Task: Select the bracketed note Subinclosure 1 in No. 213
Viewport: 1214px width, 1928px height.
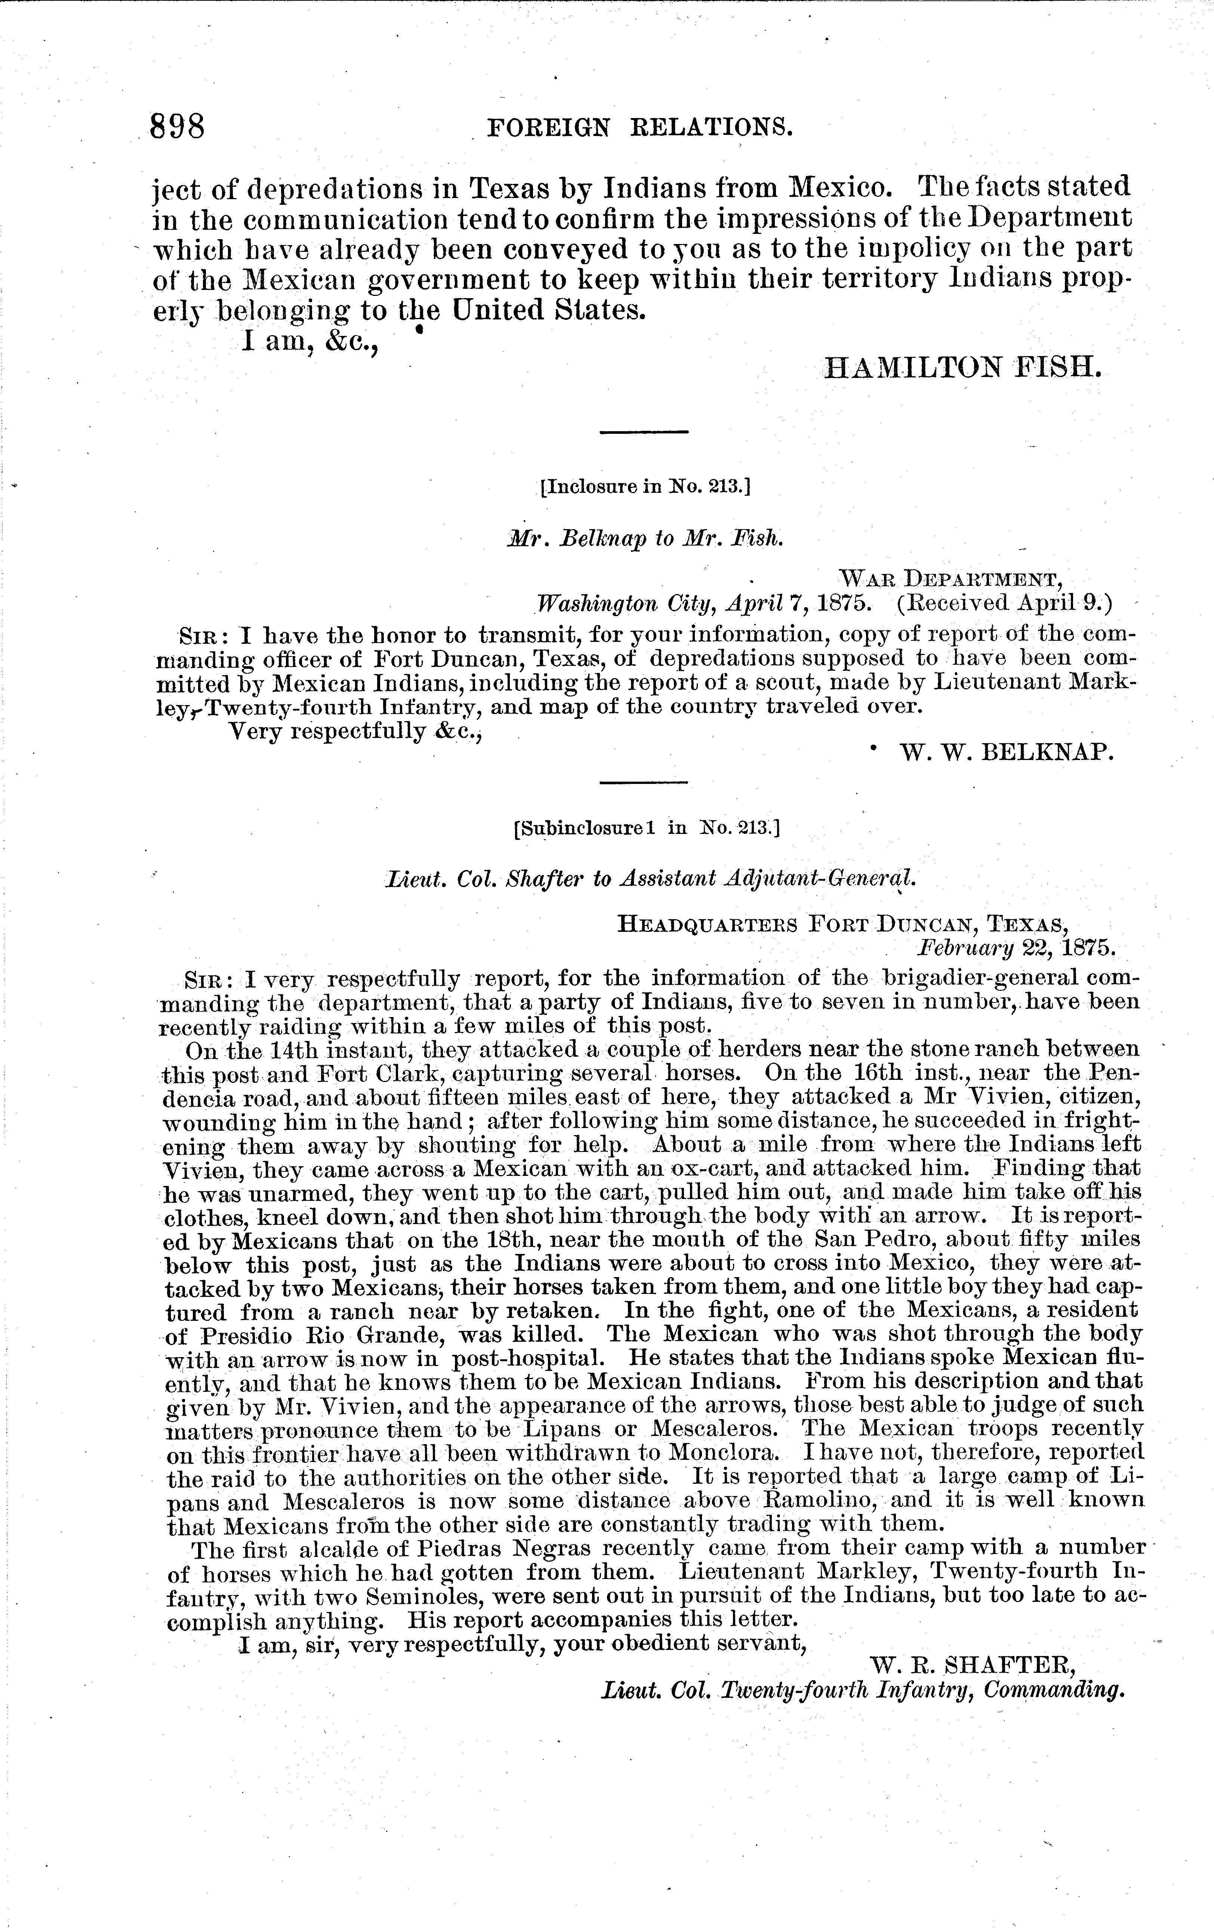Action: coord(645,827)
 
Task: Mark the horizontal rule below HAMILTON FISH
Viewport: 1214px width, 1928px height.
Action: coord(645,433)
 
